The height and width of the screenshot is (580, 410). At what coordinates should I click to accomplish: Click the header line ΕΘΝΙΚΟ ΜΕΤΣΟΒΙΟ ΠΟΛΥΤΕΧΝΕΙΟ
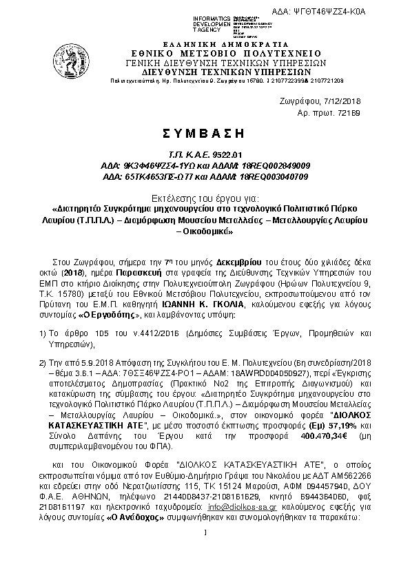pos(206,52)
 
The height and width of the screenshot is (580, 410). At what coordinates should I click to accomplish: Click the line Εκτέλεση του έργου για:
pos(206,196)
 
